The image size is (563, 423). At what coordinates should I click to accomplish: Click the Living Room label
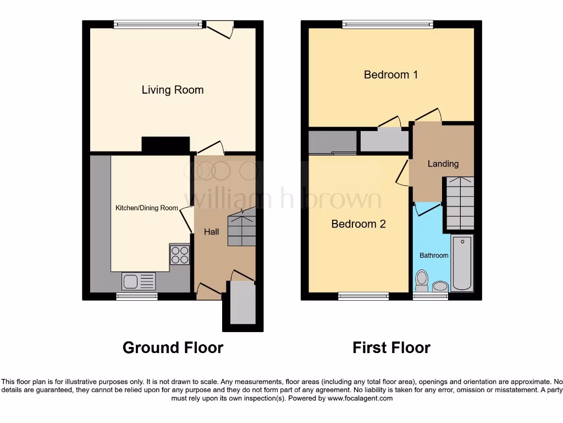coord(173,90)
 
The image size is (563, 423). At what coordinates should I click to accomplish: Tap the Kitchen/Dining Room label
coord(147,208)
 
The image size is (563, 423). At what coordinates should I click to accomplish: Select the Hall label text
coord(212,231)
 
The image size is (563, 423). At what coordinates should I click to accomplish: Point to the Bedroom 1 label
coord(391,74)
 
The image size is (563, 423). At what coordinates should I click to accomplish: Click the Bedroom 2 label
coord(358,224)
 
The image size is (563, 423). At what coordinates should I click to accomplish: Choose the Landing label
coord(443,164)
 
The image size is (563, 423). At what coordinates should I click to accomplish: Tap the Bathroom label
coord(434,255)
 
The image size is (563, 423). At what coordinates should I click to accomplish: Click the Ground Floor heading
coord(173,348)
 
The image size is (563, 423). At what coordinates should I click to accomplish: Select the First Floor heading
coord(391,348)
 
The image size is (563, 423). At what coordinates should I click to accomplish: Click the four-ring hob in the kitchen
coord(180,255)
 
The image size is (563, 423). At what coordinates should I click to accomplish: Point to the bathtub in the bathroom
coord(462,263)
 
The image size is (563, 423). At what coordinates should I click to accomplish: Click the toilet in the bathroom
coord(422,280)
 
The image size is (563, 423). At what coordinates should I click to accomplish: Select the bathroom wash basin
coord(440,286)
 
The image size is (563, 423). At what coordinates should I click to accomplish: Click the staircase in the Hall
coord(242,227)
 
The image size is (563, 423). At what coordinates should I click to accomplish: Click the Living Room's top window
coord(158,24)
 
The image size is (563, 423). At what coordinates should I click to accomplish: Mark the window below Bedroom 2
coord(363,296)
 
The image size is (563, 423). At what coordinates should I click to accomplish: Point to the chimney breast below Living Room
coord(166,144)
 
